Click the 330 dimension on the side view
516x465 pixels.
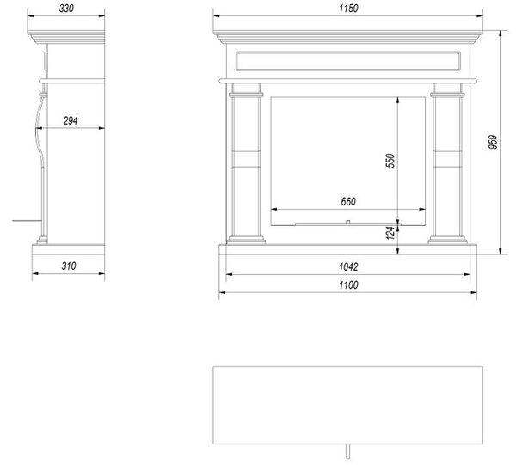pos(66,9)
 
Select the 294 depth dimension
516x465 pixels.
pos(71,121)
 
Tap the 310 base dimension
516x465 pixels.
pos(69,266)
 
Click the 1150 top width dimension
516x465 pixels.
pos(348,9)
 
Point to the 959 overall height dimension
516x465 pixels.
pos(493,142)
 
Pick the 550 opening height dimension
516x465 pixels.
pos(390,161)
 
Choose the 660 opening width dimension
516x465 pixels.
pos(348,201)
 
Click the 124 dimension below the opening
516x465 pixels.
pos(390,233)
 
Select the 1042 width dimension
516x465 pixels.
pos(348,267)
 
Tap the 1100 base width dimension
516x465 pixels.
pos(348,285)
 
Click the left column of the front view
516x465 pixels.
pos(246,163)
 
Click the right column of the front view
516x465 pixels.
pos(447,163)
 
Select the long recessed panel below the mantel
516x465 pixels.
pos(348,61)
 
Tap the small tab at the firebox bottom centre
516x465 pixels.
pos(347,223)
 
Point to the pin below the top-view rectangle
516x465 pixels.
pos(347,451)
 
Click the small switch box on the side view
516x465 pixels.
pos(46,61)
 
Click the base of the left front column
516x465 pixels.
pos(246,240)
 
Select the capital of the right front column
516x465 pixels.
pos(447,95)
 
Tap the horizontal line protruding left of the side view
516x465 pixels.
pos(27,220)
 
